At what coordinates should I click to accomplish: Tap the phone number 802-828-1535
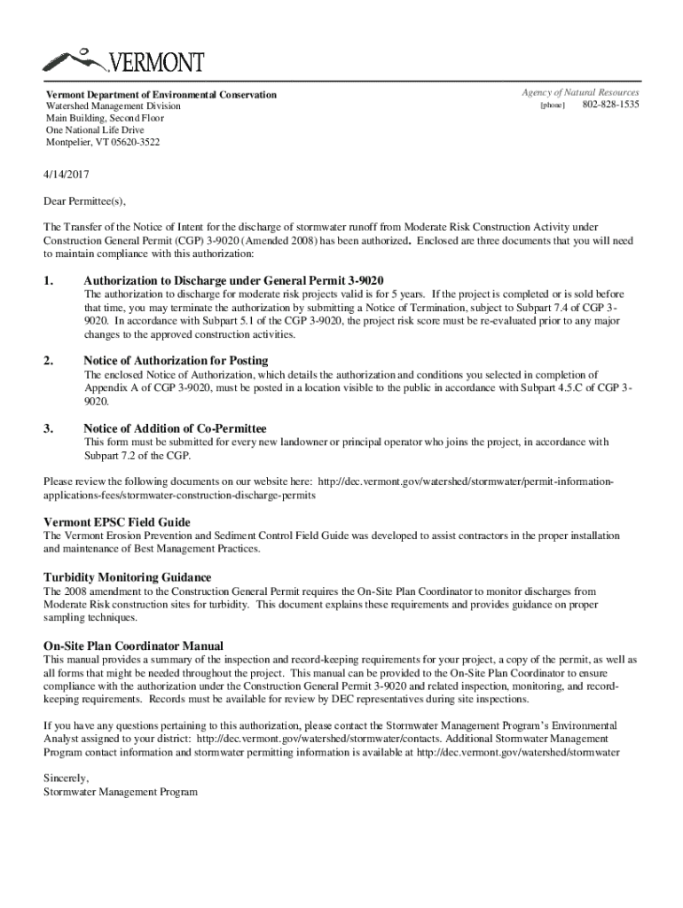coord(610,106)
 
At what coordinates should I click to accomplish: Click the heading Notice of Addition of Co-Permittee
coord(175,428)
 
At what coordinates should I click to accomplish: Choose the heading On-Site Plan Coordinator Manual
coord(133,646)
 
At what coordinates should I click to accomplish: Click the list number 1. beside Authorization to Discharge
coord(49,280)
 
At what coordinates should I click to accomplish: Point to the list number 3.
coord(49,428)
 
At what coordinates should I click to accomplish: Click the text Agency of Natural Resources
coord(581,93)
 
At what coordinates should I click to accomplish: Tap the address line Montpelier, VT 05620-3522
coord(104,142)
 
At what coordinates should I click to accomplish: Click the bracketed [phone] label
coord(553,106)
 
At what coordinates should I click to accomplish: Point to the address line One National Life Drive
coord(95,130)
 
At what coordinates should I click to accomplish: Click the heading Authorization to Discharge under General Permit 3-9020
coord(233,280)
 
